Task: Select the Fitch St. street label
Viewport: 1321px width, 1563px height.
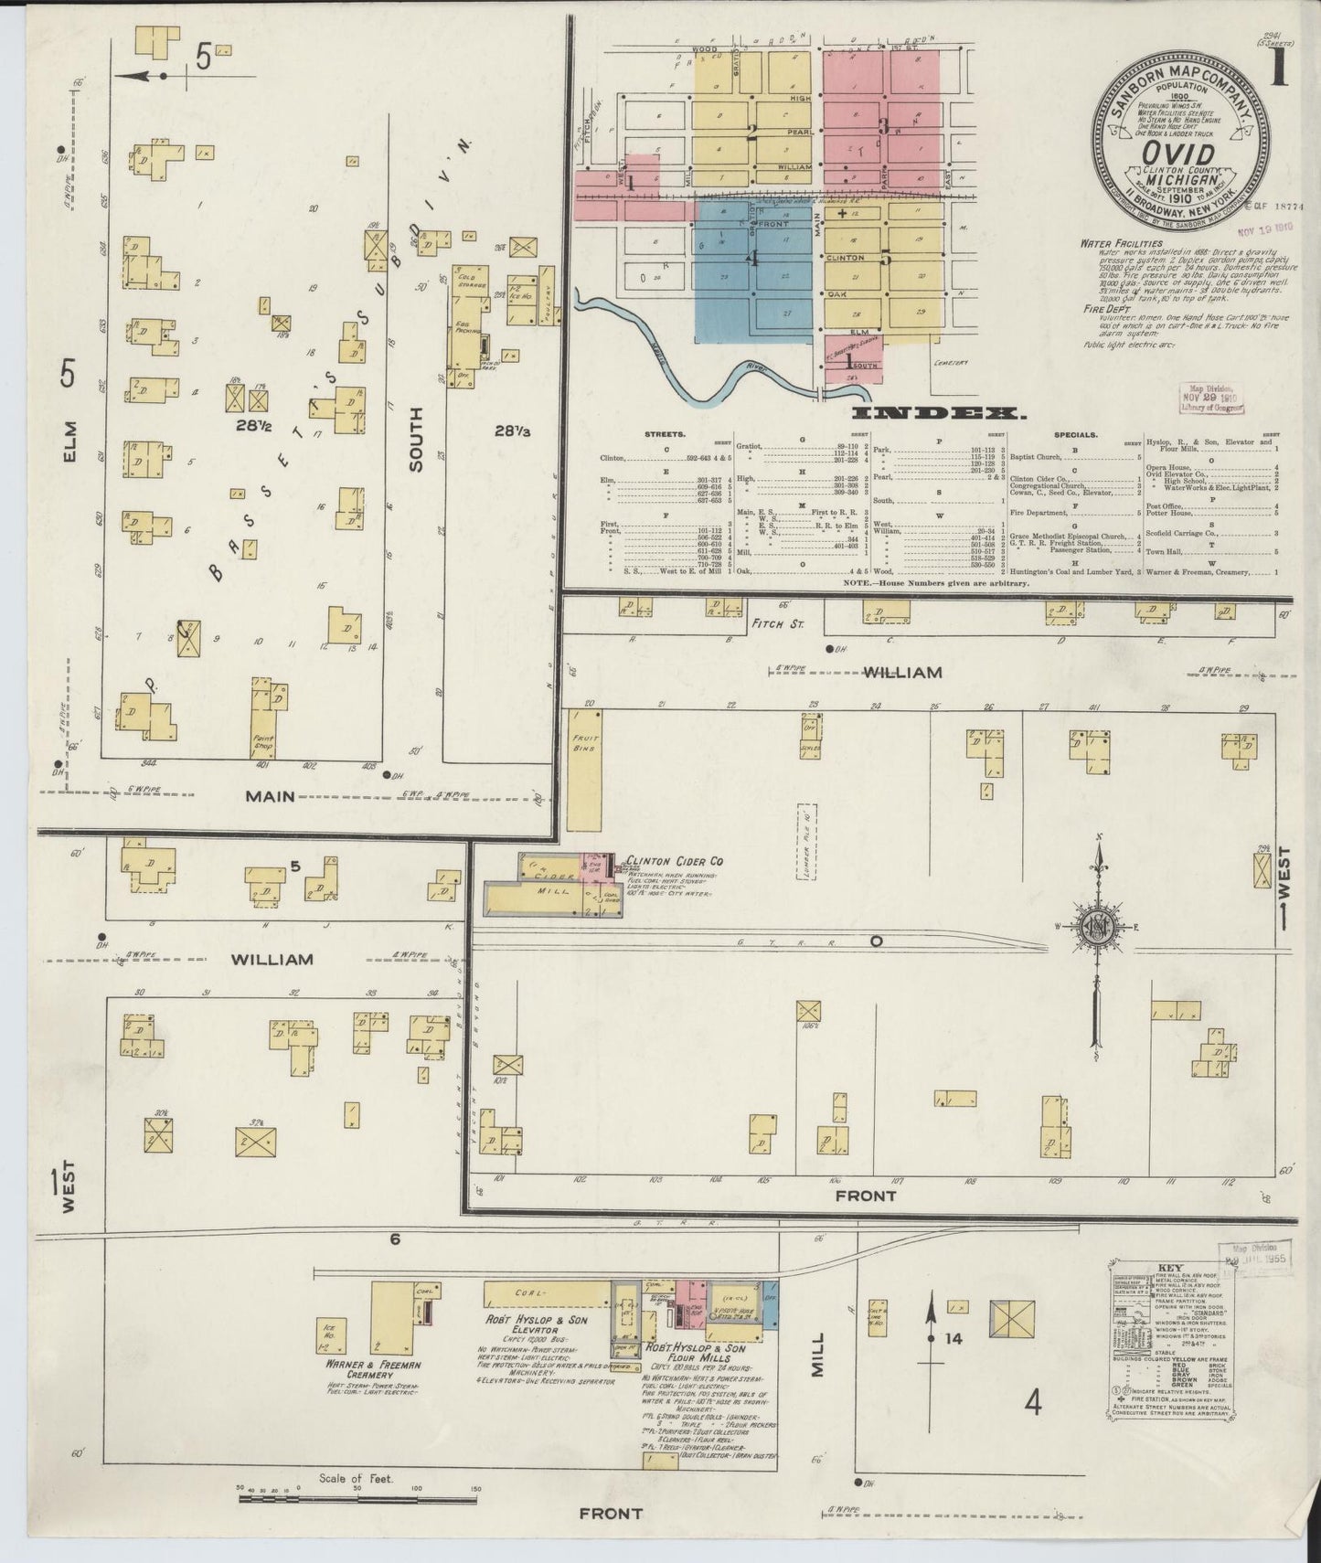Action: click(x=776, y=623)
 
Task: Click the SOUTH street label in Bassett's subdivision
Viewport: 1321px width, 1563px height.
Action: click(x=417, y=440)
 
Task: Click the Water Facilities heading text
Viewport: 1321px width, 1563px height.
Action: click(x=1121, y=243)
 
